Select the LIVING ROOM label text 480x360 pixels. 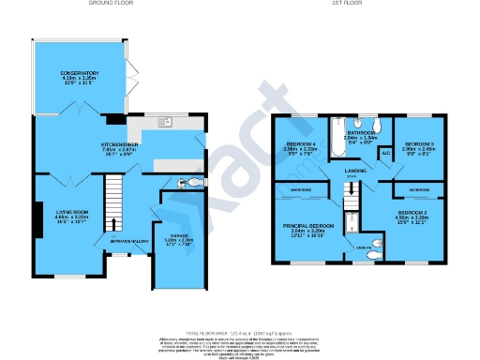[x=66, y=213]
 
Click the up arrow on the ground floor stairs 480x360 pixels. [x=114, y=223]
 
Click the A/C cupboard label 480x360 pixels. [x=385, y=152]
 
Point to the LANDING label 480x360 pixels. [x=355, y=171]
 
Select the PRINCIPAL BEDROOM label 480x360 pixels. [x=308, y=226]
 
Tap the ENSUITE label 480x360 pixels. [x=364, y=247]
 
